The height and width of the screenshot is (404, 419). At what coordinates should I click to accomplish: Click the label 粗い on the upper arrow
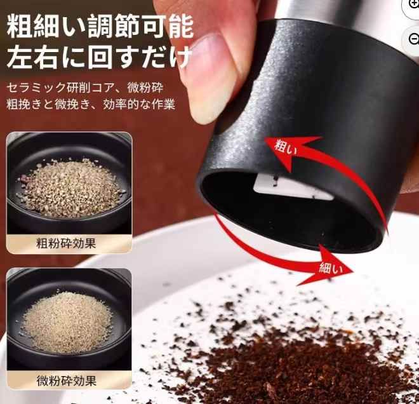click(x=284, y=147)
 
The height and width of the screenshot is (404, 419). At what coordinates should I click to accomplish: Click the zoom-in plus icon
click(x=413, y=5)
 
